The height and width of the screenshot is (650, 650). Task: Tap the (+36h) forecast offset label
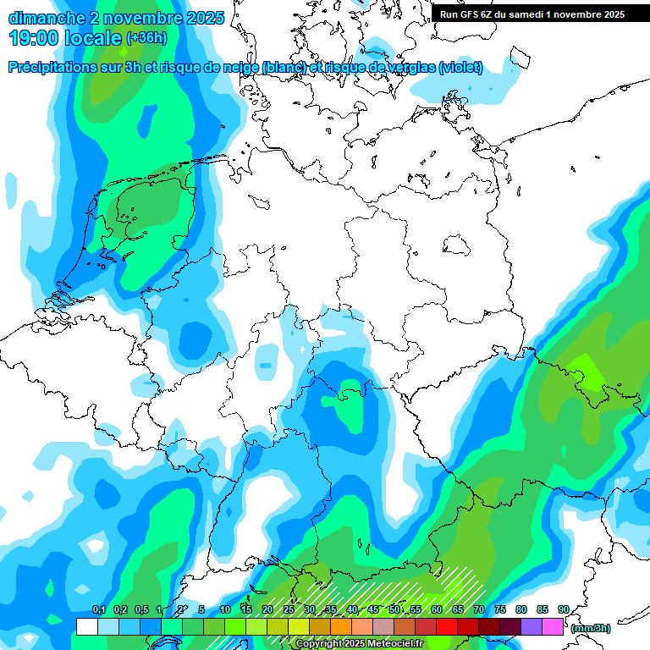click(146, 37)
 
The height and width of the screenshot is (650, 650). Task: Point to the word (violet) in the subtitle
click(460, 68)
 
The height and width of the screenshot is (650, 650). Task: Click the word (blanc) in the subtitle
click(284, 68)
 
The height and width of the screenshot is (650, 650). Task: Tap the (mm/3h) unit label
click(591, 628)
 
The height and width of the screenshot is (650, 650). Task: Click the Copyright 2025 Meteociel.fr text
click(359, 644)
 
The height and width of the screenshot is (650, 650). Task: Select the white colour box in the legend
click(86, 627)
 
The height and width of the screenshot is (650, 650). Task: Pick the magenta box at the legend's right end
click(553, 627)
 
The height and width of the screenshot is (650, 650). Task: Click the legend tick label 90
click(563, 609)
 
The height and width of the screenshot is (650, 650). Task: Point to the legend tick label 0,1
click(98, 609)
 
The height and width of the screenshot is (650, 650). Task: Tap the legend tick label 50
click(394, 609)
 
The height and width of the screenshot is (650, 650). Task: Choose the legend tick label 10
click(225, 609)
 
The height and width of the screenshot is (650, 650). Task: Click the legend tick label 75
click(499, 609)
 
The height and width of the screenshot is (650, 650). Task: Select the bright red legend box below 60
click(447, 627)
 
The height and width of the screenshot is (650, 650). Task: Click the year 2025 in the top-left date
click(205, 17)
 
